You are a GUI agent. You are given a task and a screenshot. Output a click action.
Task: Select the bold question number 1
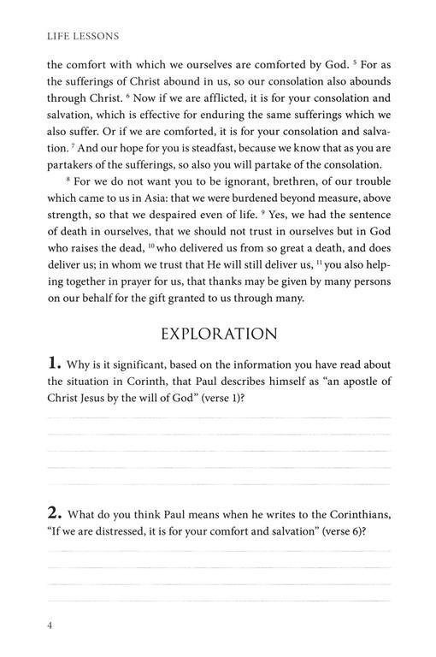click(x=54, y=363)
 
